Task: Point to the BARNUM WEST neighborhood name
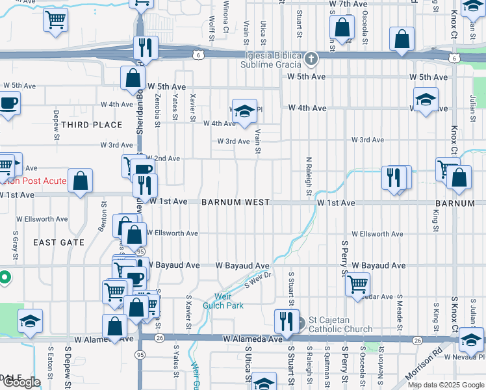(x=235, y=203)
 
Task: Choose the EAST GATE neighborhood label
(x=58, y=242)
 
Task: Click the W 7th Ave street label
(x=349, y=4)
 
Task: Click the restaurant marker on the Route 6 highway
(x=144, y=48)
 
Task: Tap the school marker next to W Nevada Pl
(x=471, y=339)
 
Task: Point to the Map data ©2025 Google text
(x=445, y=385)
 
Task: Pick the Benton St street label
(x=103, y=216)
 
